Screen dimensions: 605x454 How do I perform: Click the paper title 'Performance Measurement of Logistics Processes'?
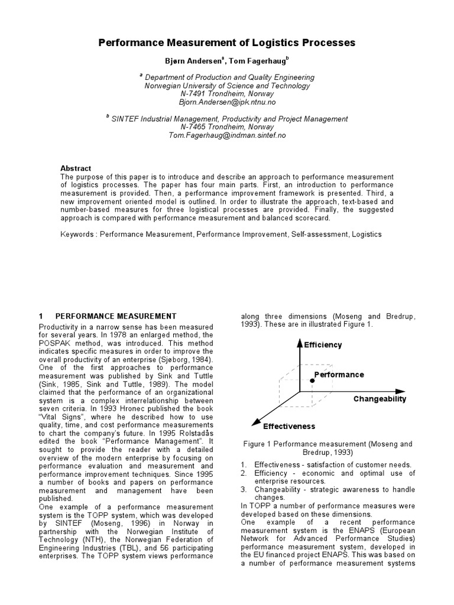[226, 43]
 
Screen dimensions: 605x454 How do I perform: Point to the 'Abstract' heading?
[76, 168]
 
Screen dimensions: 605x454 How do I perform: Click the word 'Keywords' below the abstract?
[77, 235]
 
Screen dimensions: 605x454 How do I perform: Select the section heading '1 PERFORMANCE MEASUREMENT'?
[108, 317]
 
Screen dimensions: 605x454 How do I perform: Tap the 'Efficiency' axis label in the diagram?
[323, 345]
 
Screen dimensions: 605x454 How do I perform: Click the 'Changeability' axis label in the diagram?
[380, 399]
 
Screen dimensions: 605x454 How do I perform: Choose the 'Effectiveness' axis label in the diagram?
[289, 426]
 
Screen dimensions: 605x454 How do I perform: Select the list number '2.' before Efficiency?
[244, 473]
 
